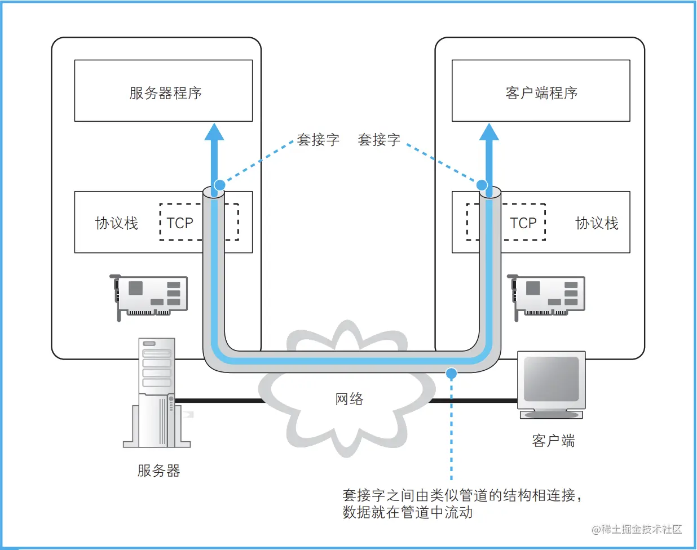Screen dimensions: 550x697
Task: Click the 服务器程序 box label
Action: coord(165,93)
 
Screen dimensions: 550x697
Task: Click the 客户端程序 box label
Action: coord(541,93)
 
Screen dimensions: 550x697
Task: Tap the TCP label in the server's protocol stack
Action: coord(180,223)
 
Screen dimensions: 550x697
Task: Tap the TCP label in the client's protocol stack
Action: coord(523,223)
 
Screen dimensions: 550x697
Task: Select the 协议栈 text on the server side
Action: coord(117,223)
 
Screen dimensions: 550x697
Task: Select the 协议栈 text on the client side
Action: coord(597,223)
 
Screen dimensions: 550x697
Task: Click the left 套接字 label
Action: coord(318,140)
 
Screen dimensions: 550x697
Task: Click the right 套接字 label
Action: coord(379,140)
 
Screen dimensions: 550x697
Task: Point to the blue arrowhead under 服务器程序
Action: coord(214,132)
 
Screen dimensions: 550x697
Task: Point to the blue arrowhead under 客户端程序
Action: coord(489,132)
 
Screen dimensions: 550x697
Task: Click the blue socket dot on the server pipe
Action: coord(220,185)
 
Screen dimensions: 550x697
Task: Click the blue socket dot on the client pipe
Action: coord(482,185)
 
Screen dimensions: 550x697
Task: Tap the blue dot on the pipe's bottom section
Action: coord(451,372)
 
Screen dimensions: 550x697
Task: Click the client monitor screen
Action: coord(552,378)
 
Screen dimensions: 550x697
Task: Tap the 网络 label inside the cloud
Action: coord(349,399)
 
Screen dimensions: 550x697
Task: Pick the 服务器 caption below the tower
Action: coord(158,471)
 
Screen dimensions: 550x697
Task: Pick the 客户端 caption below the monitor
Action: coord(553,441)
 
